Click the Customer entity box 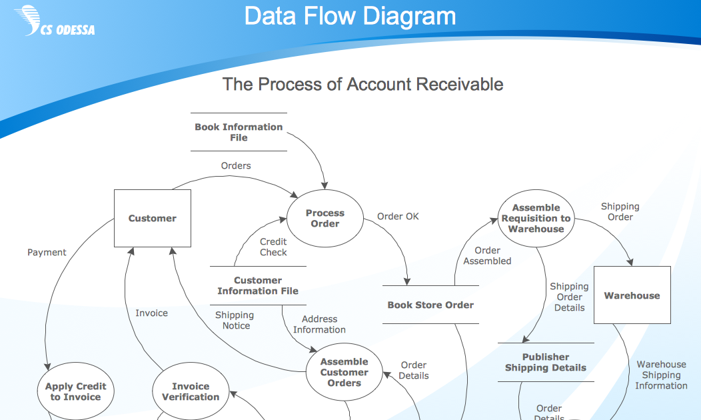tap(153, 218)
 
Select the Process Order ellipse tap(325, 218)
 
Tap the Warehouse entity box tap(632, 295)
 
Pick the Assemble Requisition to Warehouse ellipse tap(536, 218)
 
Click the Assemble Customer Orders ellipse tap(345, 372)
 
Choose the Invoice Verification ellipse tap(191, 391)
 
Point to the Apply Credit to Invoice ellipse tap(75, 391)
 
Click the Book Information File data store tap(239, 132)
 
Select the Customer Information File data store tap(258, 285)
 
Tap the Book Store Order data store tap(430, 305)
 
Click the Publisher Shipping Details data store tap(546, 362)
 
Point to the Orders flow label tap(236, 165)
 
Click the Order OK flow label tap(398, 217)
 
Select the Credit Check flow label tap(273, 247)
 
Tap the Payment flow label tap(47, 252)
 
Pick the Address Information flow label tap(319, 324)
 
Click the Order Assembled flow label tap(487, 255)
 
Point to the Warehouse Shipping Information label tap(661, 375)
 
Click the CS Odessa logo tap(55, 21)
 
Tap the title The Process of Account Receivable tap(362, 84)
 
